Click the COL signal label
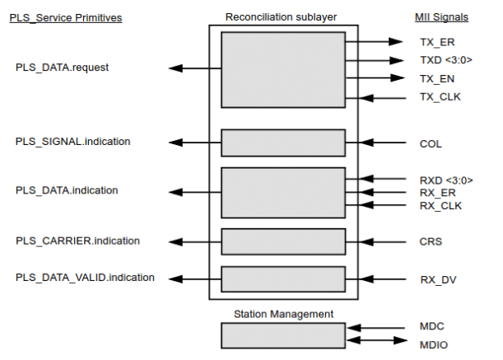click(x=431, y=143)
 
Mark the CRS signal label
click(x=431, y=242)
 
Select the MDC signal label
click(x=431, y=327)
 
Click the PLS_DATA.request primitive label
click(x=63, y=68)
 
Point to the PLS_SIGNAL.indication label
click(x=72, y=142)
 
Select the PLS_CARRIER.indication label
click(x=77, y=241)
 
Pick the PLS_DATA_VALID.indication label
click(x=85, y=278)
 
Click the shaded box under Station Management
click(x=283, y=334)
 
